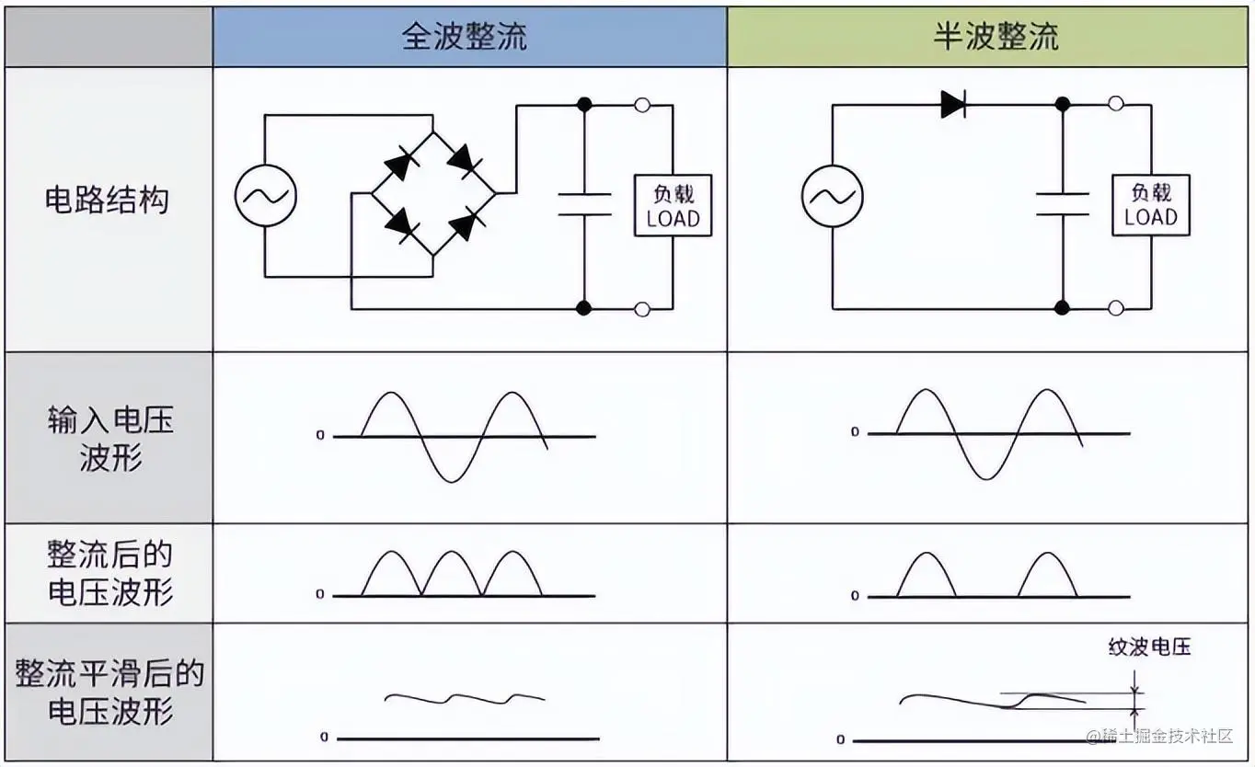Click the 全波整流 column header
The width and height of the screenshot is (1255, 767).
pos(469,37)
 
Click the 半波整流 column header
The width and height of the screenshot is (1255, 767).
pos(996,37)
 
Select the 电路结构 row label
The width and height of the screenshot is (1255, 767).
pos(108,200)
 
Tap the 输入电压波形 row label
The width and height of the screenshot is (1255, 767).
pos(109,439)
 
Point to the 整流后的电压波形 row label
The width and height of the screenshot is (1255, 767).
pos(109,572)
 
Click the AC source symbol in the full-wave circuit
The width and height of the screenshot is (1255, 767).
pos(265,195)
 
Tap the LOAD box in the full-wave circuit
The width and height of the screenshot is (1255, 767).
pos(673,206)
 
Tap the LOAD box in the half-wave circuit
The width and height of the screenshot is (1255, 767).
pos(1150,205)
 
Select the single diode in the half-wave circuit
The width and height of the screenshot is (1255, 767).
pos(953,105)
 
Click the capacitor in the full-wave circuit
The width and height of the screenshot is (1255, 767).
pos(584,204)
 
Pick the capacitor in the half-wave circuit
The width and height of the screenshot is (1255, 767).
pos(1062,204)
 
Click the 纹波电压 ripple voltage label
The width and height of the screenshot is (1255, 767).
pos(1149,647)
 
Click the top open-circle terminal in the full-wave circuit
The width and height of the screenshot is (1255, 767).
pos(642,105)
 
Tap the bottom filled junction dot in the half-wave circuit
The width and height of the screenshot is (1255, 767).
pos(1062,308)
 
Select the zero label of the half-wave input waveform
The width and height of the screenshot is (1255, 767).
pos(855,432)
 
